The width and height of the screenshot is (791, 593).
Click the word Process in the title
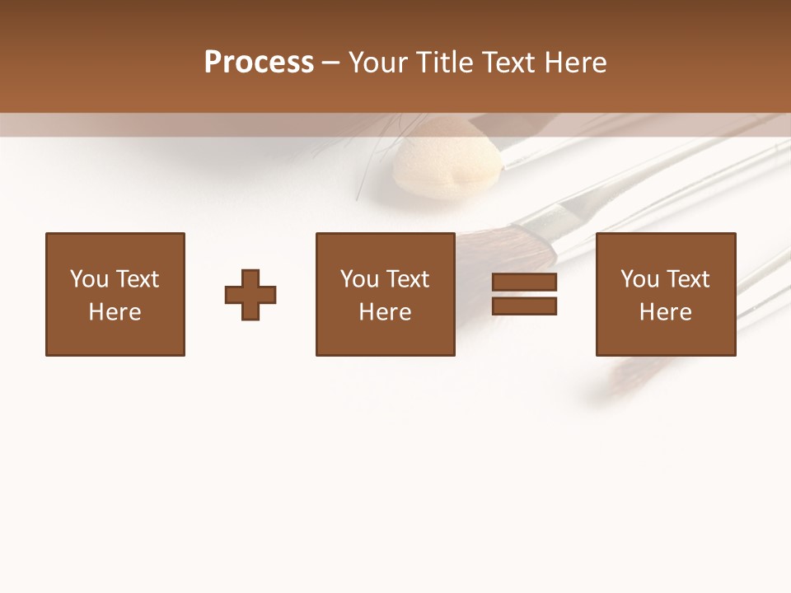pos(259,63)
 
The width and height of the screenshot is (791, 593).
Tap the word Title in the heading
pos(444,63)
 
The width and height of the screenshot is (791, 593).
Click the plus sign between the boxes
pos(250,295)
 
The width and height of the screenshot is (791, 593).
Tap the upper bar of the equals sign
pos(524,282)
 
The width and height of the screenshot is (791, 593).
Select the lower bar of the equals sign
pos(524,306)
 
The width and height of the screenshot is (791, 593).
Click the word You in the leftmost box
pos(90,279)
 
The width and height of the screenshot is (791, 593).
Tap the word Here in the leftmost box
pos(115,312)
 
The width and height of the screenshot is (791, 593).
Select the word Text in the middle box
pos(409,279)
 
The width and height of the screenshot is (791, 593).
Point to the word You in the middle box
pos(360,279)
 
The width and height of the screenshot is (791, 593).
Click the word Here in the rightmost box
pos(666,312)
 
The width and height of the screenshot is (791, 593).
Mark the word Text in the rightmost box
pos(689,279)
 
